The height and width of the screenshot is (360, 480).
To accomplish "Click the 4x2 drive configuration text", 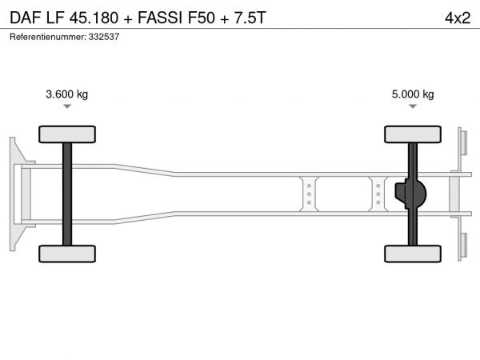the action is (x=458, y=18).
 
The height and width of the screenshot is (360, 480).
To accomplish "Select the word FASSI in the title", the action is (x=160, y=18).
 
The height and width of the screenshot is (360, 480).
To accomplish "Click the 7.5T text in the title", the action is (x=250, y=18).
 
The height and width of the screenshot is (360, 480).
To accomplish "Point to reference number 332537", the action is (x=104, y=37).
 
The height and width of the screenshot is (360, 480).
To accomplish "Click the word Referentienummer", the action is (x=48, y=37).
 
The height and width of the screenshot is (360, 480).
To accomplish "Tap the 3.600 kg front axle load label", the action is (x=66, y=94).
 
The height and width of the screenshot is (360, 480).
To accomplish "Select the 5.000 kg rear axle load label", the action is (x=413, y=94).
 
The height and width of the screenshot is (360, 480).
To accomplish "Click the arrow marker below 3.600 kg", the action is (x=67, y=106).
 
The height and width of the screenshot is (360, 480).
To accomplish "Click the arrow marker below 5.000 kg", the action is (x=413, y=106).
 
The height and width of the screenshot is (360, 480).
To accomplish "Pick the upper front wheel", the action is (x=67, y=134).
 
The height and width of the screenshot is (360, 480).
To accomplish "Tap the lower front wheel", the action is (x=67, y=254).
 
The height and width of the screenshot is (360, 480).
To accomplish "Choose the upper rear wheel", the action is (x=413, y=134).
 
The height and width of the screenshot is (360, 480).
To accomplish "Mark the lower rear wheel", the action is (x=413, y=254).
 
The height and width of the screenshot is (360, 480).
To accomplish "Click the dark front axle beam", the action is (x=67, y=194).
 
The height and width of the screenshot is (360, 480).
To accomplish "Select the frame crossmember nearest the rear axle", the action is (x=378, y=194).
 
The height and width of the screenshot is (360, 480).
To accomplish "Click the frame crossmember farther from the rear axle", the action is (x=309, y=194).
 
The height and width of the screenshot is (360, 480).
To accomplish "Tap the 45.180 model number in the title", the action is (x=94, y=18).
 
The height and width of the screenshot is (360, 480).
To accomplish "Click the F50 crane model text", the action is (x=201, y=18).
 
